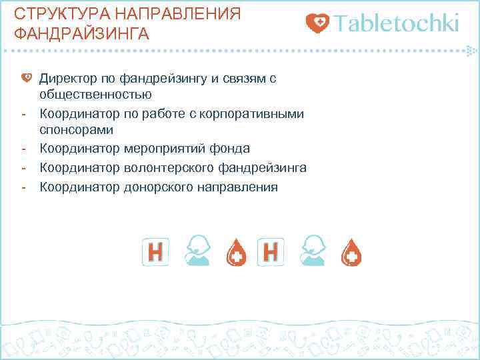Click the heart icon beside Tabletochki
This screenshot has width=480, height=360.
[x=317, y=24]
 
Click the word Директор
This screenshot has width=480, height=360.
[x=67, y=79]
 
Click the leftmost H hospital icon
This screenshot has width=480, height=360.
[x=155, y=251]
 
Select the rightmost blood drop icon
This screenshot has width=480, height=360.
[x=351, y=252]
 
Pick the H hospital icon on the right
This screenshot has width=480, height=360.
[x=271, y=251]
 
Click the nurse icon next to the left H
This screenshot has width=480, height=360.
[x=196, y=251]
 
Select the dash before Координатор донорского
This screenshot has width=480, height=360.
[x=23, y=187]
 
